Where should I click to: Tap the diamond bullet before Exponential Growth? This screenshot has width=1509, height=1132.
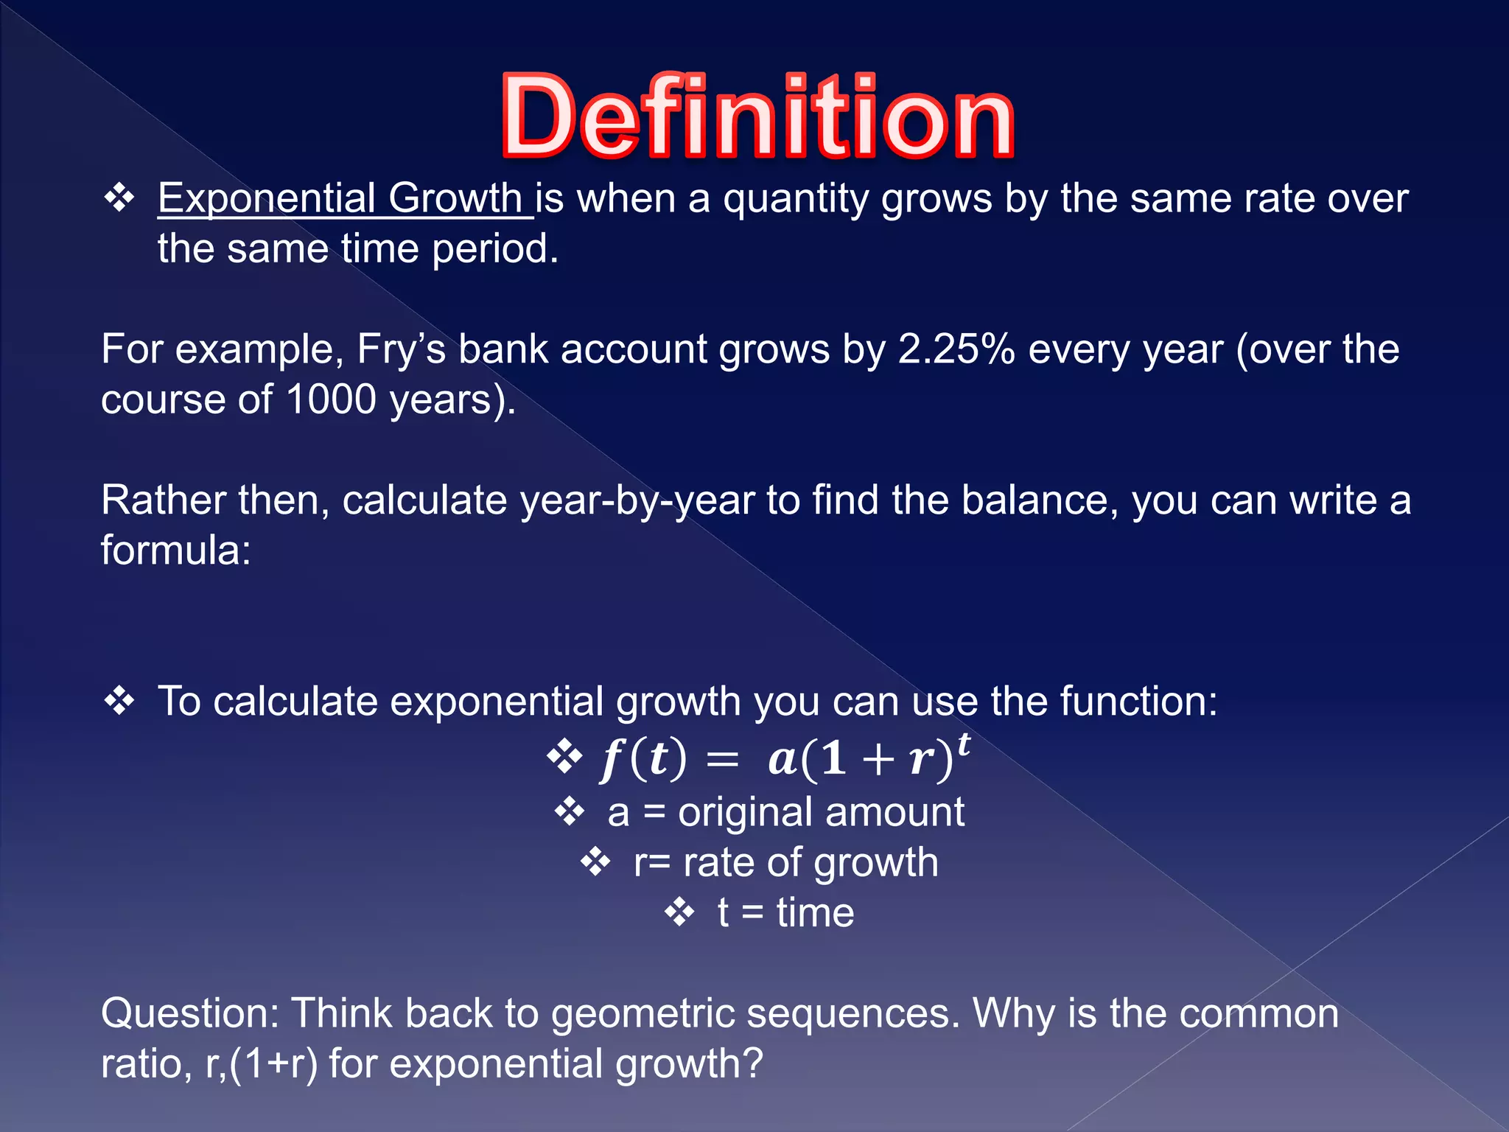(119, 198)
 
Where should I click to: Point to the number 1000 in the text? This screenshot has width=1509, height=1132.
(331, 399)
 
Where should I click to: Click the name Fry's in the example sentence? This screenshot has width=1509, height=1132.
(401, 349)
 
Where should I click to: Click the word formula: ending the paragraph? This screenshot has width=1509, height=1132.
(175, 551)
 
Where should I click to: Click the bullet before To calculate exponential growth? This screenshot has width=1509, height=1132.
(119, 700)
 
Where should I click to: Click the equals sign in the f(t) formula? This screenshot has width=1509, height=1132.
(722, 760)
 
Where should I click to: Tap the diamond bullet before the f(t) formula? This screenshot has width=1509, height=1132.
(565, 757)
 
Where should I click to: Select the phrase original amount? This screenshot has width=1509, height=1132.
(821, 812)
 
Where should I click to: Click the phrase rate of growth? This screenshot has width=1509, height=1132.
(810, 863)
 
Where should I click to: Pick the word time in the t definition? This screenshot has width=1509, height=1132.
(815, 913)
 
